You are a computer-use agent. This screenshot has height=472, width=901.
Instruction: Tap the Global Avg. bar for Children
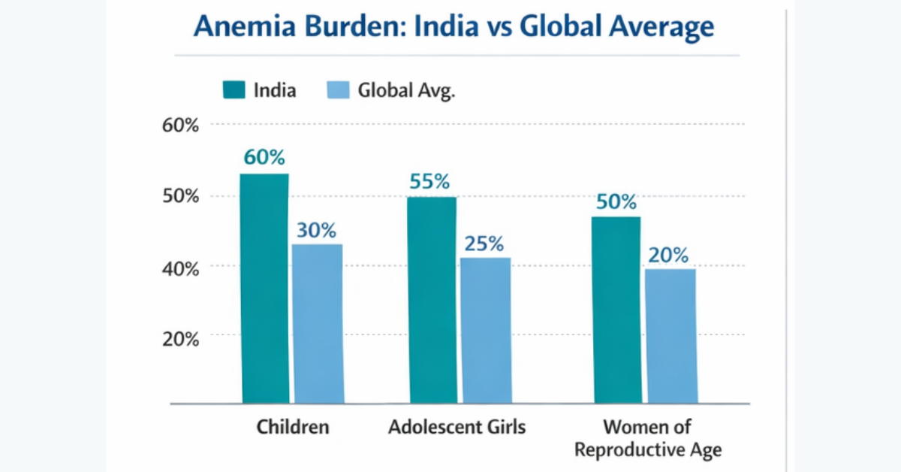coord(318,323)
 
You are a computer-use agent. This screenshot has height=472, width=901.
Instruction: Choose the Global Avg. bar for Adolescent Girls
coord(485,330)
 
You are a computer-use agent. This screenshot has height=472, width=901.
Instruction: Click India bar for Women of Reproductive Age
coord(617,310)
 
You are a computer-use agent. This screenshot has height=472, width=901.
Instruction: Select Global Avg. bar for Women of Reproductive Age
coord(670,335)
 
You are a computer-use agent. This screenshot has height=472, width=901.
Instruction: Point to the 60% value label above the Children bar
coord(264,158)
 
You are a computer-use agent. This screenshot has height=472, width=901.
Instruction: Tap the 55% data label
coord(429,181)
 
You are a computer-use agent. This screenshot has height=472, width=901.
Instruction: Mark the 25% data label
coord(484,244)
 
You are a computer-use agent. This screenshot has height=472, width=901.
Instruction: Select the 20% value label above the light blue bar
coord(669,255)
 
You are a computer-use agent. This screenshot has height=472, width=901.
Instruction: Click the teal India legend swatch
coord(234,91)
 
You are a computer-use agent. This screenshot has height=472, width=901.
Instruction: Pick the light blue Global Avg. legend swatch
coord(339,91)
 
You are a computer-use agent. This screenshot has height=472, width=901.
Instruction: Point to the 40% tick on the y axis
coord(181,268)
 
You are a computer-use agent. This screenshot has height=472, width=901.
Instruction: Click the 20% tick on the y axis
coord(181,338)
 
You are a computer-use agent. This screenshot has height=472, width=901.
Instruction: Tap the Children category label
coord(293,427)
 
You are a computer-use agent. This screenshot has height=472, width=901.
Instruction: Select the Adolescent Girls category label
coord(457,427)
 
